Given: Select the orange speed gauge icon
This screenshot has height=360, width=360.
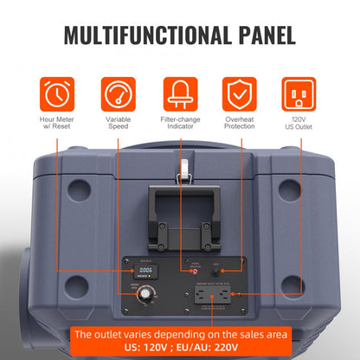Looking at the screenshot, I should [x=119, y=93].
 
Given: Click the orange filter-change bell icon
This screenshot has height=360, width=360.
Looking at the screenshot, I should [x=181, y=93].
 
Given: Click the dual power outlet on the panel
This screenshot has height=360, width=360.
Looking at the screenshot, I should [x=211, y=296].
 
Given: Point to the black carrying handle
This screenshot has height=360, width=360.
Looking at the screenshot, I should [x=179, y=209].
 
